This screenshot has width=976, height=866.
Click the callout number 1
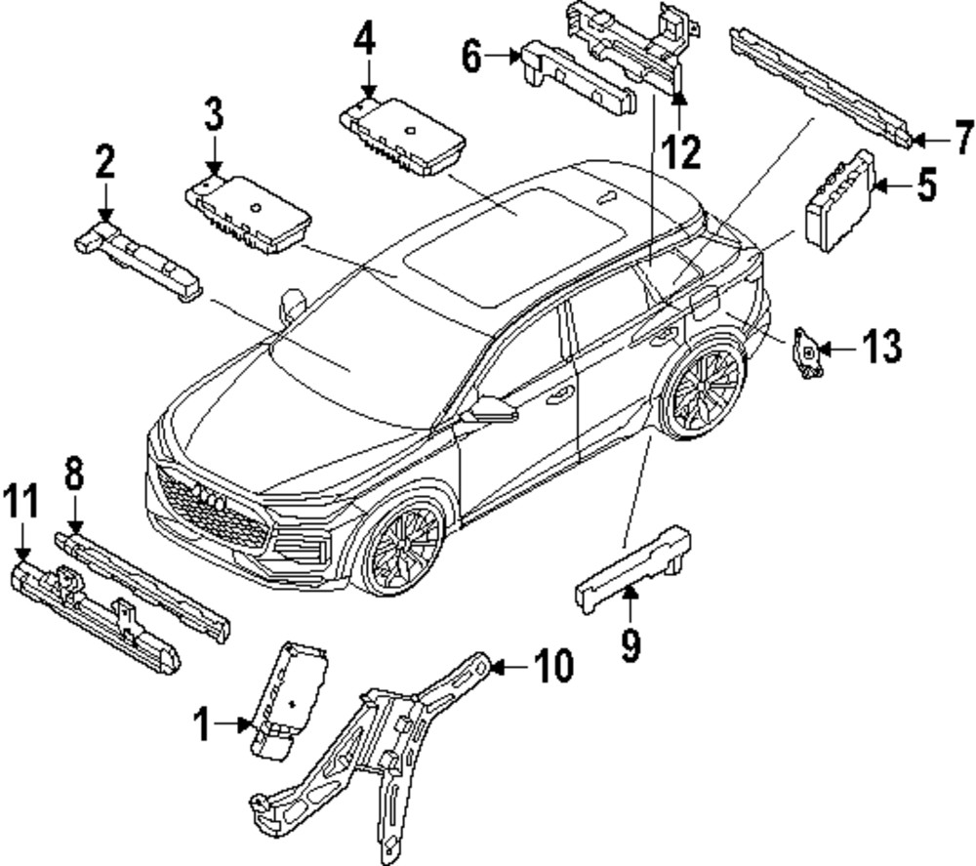click(x=201, y=725)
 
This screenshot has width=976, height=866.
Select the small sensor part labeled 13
click(x=807, y=353)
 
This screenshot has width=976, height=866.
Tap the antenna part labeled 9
click(x=634, y=564)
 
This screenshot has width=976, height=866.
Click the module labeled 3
click(x=249, y=212)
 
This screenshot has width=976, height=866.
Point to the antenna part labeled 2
click(x=137, y=259)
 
